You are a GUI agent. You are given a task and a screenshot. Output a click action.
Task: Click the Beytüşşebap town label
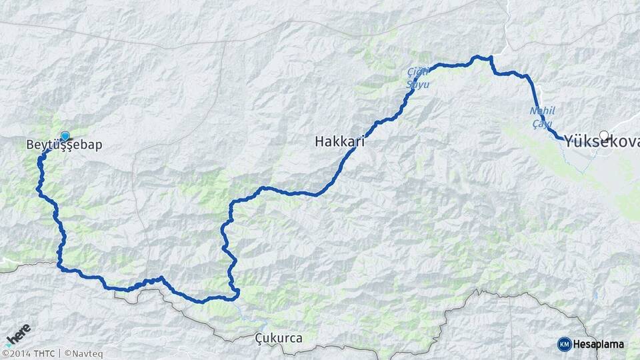click(x=64, y=145)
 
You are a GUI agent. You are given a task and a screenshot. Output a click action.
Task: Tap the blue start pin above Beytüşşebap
click(x=65, y=135)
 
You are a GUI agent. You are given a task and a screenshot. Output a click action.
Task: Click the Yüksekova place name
click(x=602, y=142)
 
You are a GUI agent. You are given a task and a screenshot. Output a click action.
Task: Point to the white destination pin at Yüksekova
click(x=604, y=135)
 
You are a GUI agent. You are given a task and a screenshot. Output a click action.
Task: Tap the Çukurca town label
click(x=279, y=339)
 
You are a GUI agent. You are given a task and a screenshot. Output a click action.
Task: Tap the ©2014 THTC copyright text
click(x=28, y=353)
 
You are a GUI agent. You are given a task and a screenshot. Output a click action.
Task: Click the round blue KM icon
click(x=564, y=344)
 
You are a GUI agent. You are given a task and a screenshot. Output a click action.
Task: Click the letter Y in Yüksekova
click(x=570, y=142)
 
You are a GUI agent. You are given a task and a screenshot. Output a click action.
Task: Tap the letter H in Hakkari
click(x=319, y=141)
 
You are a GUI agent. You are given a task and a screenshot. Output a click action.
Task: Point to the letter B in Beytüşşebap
click(x=30, y=145)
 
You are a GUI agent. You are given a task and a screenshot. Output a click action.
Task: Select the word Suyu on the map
click(x=418, y=85)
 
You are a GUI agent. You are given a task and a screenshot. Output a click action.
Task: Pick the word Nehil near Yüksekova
click(x=541, y=110)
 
